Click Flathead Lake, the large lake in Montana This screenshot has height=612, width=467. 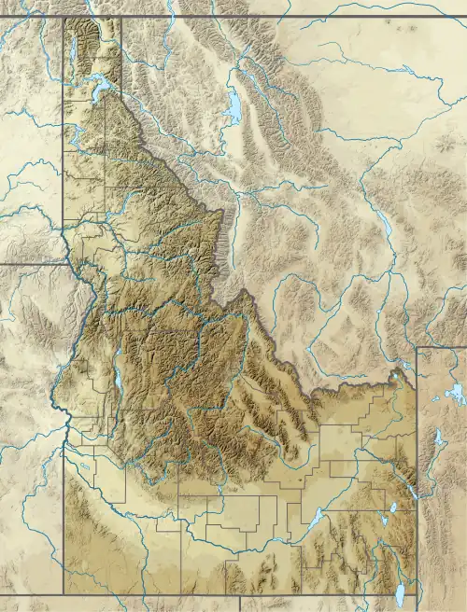click(231, 106)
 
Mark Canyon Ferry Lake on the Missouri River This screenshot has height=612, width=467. click(384, 224)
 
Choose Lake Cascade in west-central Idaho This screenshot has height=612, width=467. click(120, 387)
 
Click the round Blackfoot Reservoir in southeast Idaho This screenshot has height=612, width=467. click(390, 509)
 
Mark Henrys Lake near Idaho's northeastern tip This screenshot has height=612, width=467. click(399, 377)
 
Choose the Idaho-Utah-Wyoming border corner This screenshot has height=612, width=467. click(417, 595)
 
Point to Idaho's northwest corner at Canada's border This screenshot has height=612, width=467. click(64, 16)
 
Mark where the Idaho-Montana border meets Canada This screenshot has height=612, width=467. click(121, 16)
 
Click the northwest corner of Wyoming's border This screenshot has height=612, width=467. click(417, 347)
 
